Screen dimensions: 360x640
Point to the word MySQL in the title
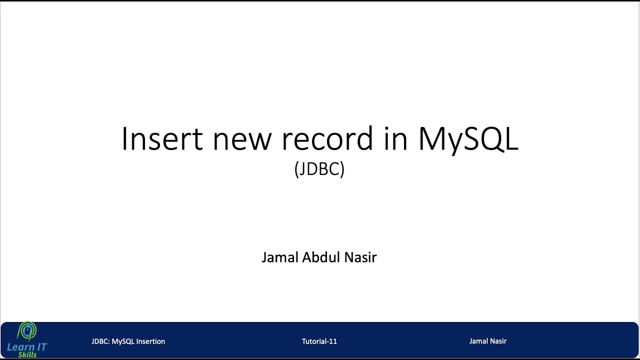click(x=468, y=138)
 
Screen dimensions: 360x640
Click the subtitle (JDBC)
click(x=319, y=169)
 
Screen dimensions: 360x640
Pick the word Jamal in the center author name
click(x=280, y=257)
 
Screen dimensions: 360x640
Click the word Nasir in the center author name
click(x=361, y=257)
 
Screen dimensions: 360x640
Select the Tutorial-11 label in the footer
click(x=319, y=341)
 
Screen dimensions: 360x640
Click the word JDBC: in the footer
click(x=100, y=341)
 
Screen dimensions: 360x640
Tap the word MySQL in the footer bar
click(x=123, y=341)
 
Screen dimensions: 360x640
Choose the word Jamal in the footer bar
click(x=478, y=341)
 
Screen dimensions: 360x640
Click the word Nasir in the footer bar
click(x=498, y=341)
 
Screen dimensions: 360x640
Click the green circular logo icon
click(x=27, y=331)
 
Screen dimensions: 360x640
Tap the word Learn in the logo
click(x=20, y=347)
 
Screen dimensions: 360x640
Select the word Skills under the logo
click(x=27, y=354)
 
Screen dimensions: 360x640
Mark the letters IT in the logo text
click(x=41, y=347)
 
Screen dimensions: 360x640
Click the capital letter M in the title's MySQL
click(x=433, y=138)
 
